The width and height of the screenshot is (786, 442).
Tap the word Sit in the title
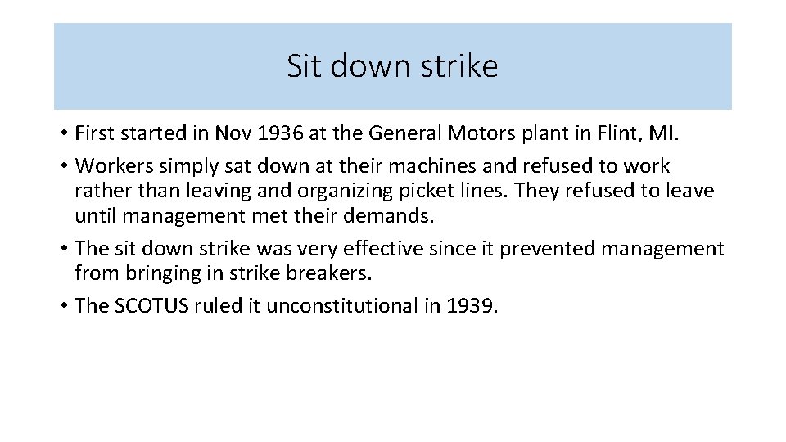click(301, 66)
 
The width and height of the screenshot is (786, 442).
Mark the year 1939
click(472, 306)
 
